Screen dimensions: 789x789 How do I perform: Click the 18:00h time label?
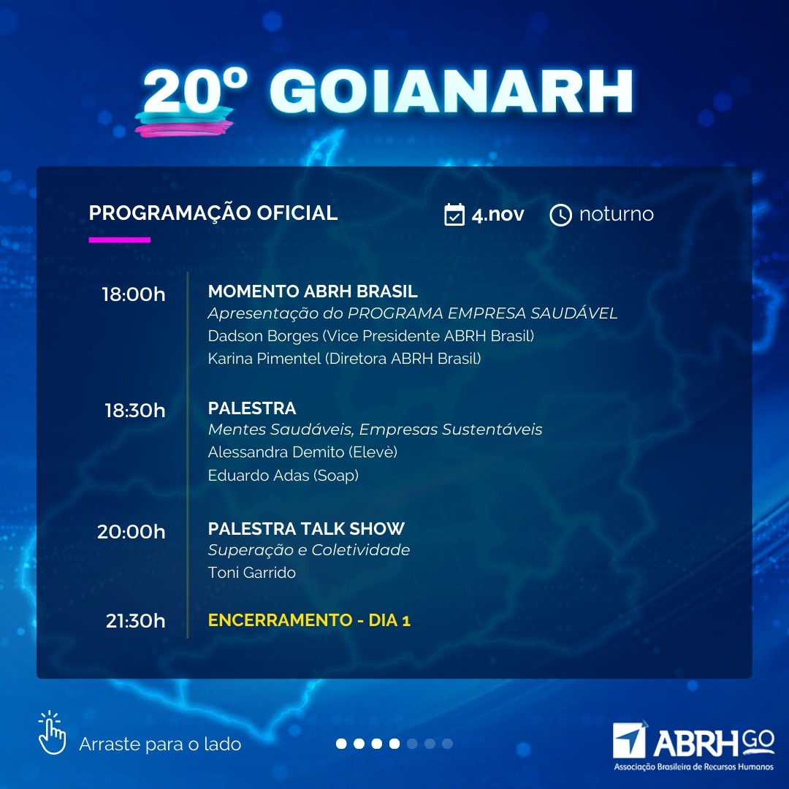pyautogui.click(x=134, y=294)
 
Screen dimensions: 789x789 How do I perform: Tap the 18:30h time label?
pyautogui.click(x=135, y=411)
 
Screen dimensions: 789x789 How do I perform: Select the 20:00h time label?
pyautogui.click(x=131, y=532)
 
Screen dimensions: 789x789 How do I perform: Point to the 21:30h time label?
pyautogui.click(x=135, y=621)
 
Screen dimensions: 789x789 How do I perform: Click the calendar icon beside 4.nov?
pyautogui.click(x=454, y=214)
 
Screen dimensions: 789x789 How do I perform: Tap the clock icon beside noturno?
pyautogui.click(x=560, y=215)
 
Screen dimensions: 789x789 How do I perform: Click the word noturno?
pyautogui.click(x=617, y=214)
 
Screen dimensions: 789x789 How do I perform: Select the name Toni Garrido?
pyautogui.click(x=251, y=573)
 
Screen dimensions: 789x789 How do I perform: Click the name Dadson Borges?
pyautogui.click(x=263, y=335)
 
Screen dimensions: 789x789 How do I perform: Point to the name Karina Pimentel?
pyautogui.click(x=264, y=358)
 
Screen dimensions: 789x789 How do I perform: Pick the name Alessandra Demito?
pyautogui.click(x=275, y=452)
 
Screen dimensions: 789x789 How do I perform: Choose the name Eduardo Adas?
pyautogui.click(x=259, y=475)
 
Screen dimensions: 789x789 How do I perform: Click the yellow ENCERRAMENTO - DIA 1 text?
pyautogui.click(x=310, y=620)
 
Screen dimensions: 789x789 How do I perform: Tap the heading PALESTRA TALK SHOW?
pyautogui.click(x=306, y=529)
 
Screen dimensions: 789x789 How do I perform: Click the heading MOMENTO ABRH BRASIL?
pyautogui.click(x=313, y=291)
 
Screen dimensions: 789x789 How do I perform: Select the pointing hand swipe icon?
pyautogui.click(x=53, y=733)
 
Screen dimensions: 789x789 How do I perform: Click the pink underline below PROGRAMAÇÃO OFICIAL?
pyautogui.click(x=120, y=240)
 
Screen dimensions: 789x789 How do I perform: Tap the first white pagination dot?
pyautogui.click(x=341, y=744)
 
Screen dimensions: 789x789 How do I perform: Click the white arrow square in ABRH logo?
pyautogui.click(x=629, y=739)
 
